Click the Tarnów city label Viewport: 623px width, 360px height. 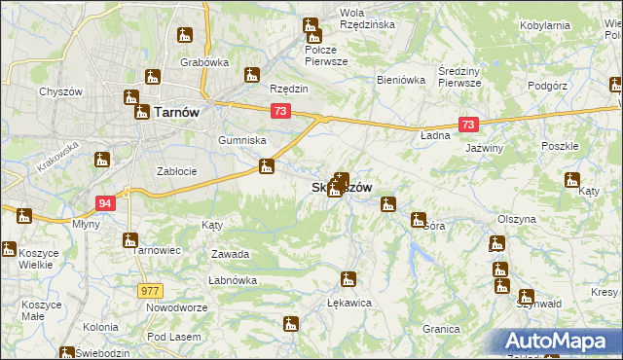pos(176,112)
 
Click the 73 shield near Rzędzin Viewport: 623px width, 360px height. pos(279,113)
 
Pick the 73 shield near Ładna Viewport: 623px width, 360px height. pos(469,125)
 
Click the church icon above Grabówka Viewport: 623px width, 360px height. pos(185,38)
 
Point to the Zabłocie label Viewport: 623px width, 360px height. pos(177,171)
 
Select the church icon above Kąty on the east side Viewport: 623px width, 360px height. pos(572,179)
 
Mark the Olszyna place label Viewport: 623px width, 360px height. pos(516,220)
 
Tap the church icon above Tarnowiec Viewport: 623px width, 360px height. pos(129,239)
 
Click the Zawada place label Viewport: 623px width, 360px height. pos(231,255)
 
